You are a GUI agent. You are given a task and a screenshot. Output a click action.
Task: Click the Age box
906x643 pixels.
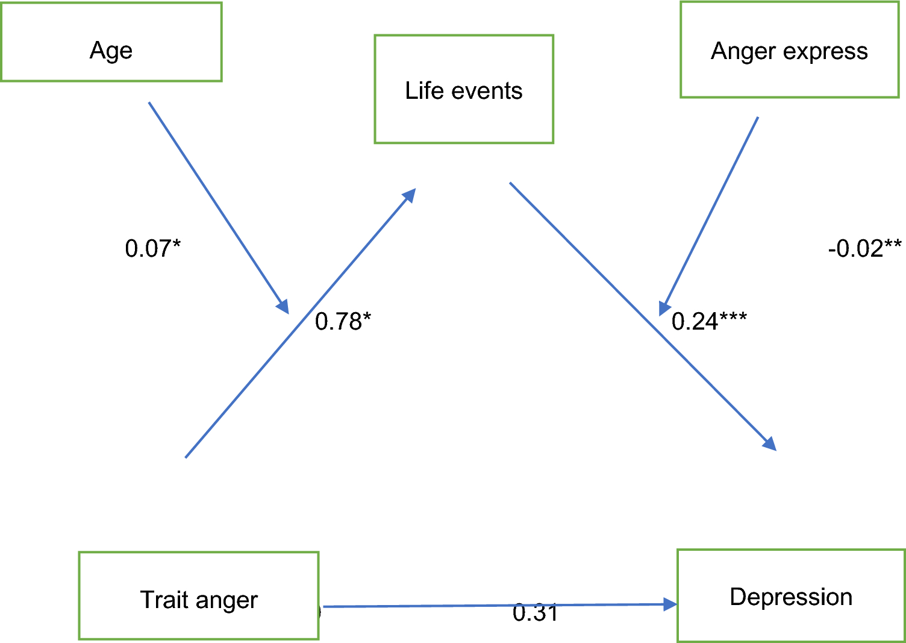[111, 42]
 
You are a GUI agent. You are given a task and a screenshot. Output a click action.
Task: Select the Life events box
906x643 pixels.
[464, 89]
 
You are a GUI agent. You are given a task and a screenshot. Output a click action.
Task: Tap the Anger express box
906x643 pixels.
[789, 49]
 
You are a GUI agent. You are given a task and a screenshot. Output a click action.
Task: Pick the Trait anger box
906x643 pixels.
[199, 595]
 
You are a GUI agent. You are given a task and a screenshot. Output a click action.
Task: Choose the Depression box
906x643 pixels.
[791, 595]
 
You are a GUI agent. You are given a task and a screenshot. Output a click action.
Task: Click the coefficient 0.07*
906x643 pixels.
[152, 248]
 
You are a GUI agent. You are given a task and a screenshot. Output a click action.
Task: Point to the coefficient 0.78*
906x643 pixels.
[343, 321]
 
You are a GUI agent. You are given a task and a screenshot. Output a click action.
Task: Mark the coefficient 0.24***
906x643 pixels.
[709, 321]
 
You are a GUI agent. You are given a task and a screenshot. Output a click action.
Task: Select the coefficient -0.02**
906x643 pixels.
[864, 248]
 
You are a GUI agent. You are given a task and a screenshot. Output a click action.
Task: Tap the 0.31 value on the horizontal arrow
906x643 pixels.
[535, 613]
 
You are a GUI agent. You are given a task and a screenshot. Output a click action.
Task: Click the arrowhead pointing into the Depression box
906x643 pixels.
[670, 604]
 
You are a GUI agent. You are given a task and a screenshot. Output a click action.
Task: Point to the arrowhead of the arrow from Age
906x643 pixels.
[283, 306]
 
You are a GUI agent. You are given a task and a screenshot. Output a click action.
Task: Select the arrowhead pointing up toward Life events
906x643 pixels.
[410, 195]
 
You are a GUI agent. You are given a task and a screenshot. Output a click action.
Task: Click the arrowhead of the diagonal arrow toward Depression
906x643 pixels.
[769, 444]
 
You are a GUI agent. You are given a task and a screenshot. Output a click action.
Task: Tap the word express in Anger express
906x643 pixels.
[825, 51]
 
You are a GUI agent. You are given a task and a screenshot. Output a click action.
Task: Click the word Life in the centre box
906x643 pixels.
[424, 90]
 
